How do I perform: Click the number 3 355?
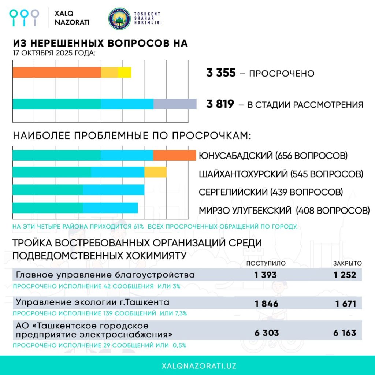pos(221,73)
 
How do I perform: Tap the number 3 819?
pos(220,104)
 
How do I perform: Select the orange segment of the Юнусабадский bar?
pos(175,155)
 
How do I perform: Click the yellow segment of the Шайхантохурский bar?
pos(155,172)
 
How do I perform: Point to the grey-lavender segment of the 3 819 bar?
pos(175,104)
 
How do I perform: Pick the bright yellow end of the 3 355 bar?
pos(125,73)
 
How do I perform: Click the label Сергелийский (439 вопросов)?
pos(271,192)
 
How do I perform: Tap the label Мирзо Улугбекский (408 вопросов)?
pos(284,211)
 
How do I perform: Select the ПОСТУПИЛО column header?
pos(266,263)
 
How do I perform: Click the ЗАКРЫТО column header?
pos(347,263)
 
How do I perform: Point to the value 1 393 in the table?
pos(266,275)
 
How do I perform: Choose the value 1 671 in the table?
pos(345,304)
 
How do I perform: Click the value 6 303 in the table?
pos(266,333)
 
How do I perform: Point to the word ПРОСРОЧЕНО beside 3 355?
pos(282,74)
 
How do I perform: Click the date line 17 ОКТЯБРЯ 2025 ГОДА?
pos(54,53)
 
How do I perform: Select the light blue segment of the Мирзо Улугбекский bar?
pos(110,208)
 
